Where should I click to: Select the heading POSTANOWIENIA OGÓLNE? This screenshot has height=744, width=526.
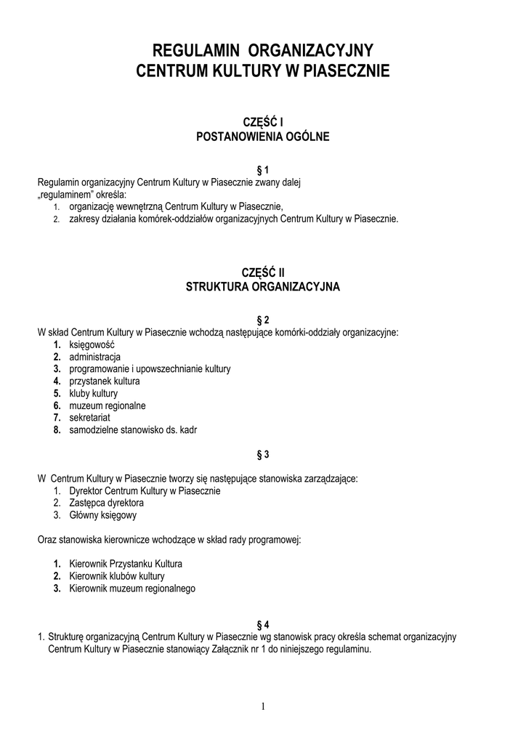(262, 136)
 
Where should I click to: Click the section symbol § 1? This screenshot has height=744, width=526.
(263, 170)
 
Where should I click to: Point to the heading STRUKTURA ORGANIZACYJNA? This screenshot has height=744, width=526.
(262, 287)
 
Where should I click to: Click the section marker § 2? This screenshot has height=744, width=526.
(263, 320)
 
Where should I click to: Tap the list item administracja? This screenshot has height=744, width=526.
(94, 357)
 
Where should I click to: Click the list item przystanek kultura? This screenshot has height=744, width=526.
(105, 381)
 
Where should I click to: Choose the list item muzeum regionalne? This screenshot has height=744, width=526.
(108, 405)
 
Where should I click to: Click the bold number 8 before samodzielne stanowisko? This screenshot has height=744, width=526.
(56, 429)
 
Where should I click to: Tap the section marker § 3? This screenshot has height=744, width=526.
(263, 455)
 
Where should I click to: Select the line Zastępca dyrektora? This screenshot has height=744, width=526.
(106, 503)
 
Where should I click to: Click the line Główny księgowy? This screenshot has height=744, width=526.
(102, 515)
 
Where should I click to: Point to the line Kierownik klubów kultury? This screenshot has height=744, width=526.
(111, 576)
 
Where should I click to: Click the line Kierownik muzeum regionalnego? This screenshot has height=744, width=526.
(131, 589)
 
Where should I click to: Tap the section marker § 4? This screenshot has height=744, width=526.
(263, 625)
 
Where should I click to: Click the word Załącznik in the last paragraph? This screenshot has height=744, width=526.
(222, 650)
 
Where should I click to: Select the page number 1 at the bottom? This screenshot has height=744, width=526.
(263, 706)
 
